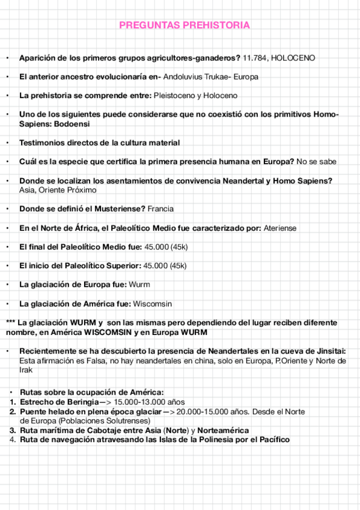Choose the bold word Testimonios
pyautogui.click(x=43, y=143)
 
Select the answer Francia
pyautogui.click(x=161, y=209)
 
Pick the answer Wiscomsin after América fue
pyautogui.click(x=152, y=303)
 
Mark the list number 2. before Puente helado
pyautogui.click(x=12, y=411)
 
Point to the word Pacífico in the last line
pyautogui.click(x=272, y=440)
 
